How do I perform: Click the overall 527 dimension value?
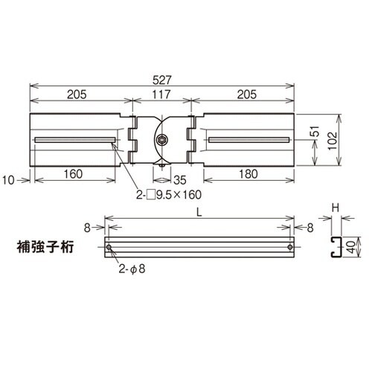[162, 76]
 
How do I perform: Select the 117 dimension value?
[162, 94]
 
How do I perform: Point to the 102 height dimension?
[347, 141]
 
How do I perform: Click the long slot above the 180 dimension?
[248, 141]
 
